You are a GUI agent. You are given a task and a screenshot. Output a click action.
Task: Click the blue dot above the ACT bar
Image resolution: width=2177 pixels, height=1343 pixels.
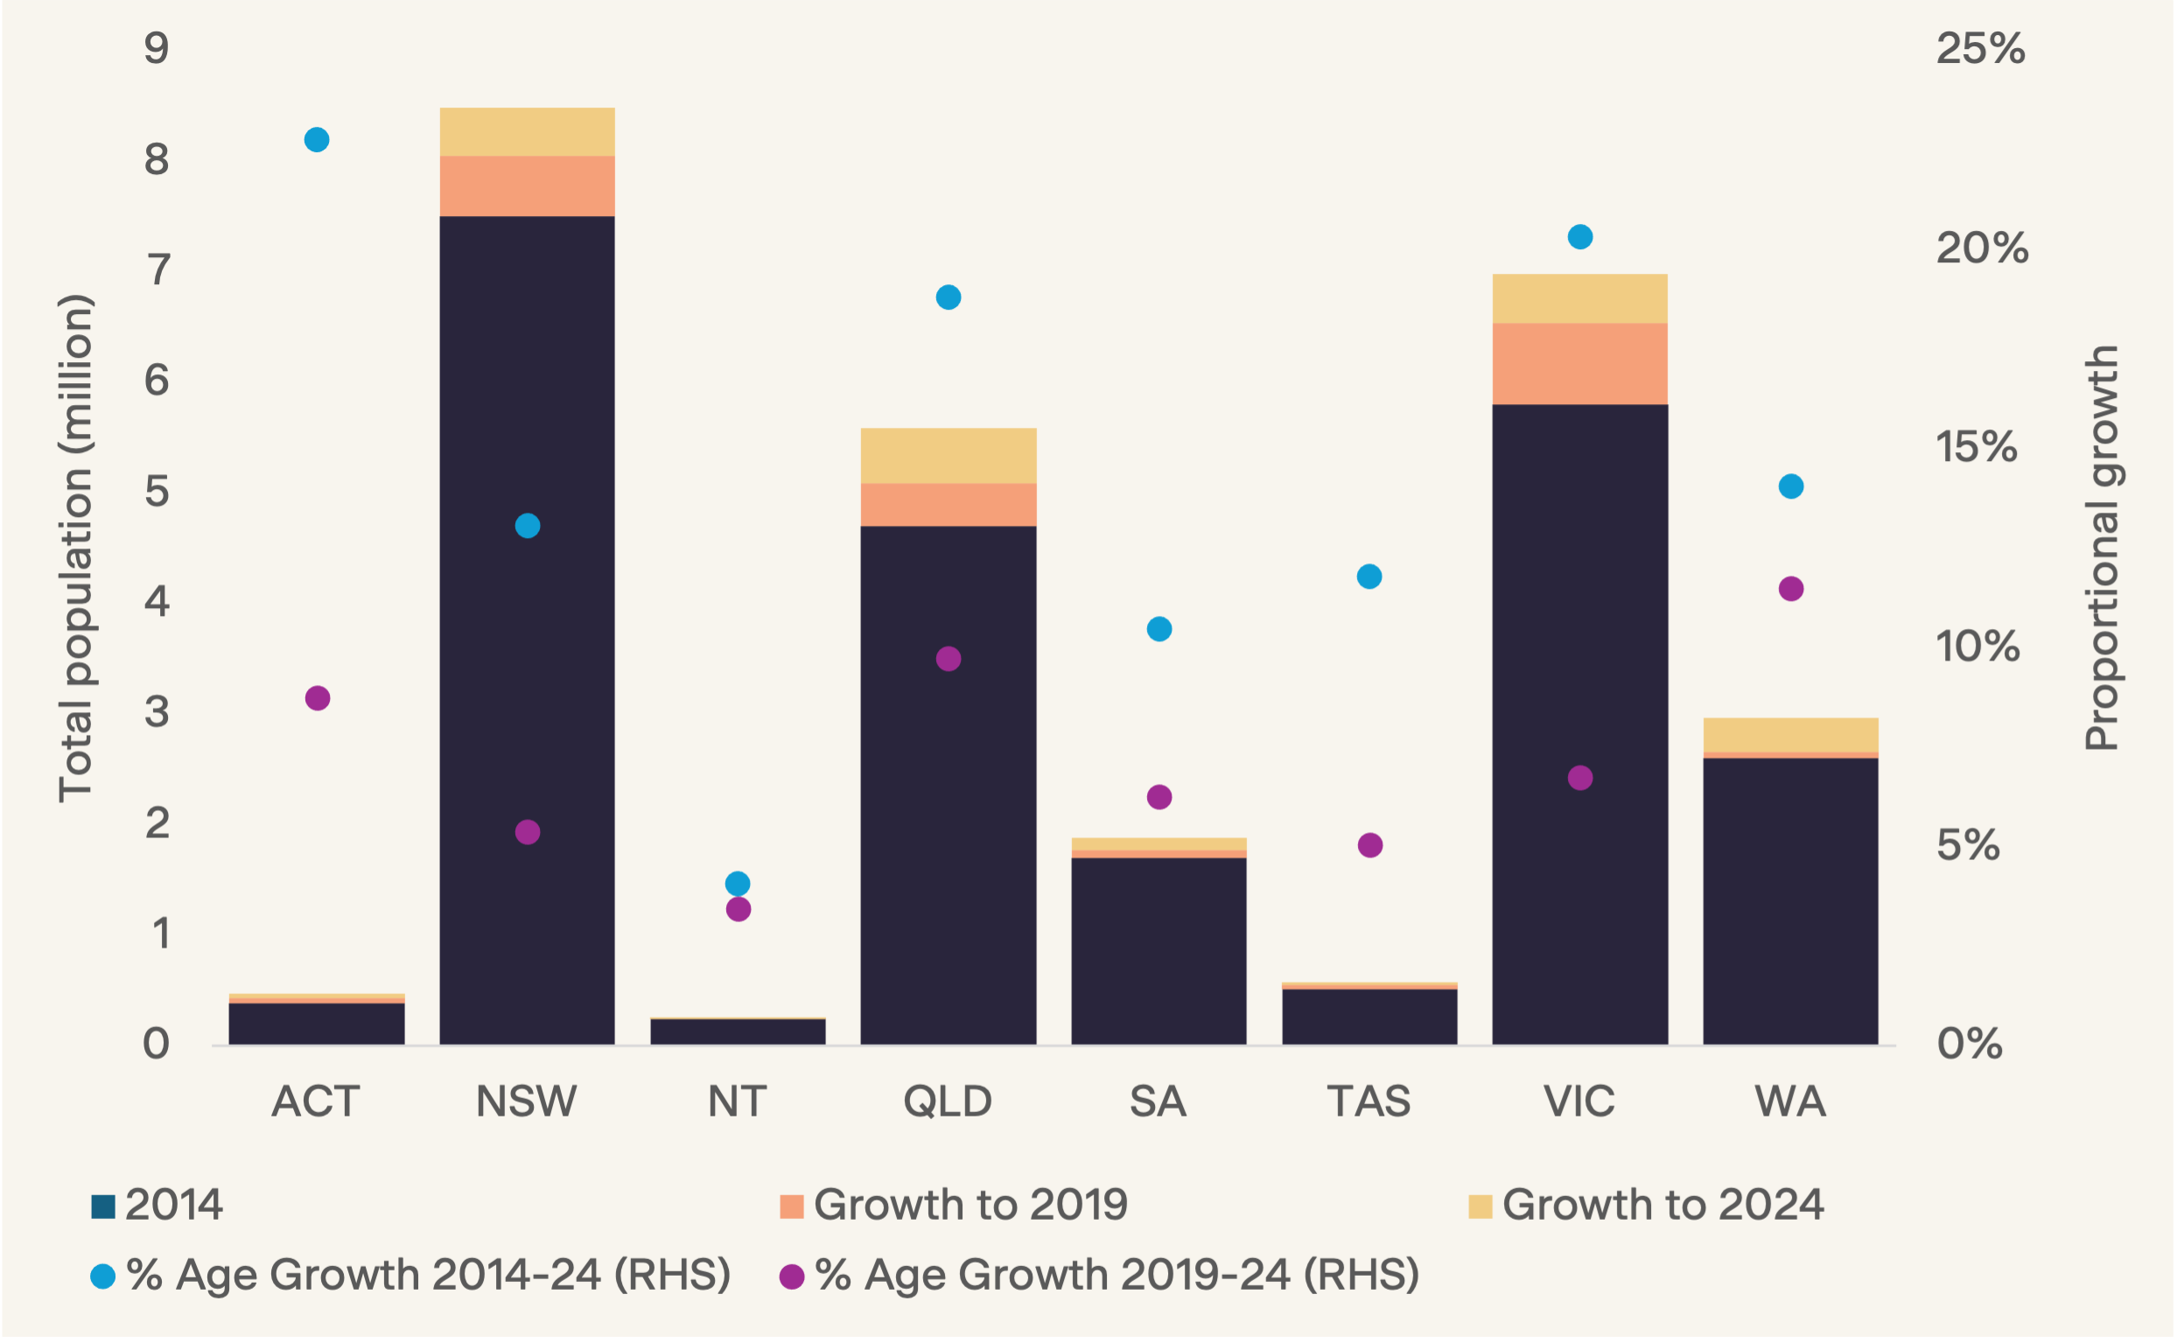[316, 139]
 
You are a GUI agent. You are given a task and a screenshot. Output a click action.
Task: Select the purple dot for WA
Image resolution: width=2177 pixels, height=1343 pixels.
[1790, 589]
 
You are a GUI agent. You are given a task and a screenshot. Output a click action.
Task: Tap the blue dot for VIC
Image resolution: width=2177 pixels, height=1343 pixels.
[1580, 237]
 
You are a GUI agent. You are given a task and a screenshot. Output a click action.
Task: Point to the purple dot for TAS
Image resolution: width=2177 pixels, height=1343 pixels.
[1369, 844]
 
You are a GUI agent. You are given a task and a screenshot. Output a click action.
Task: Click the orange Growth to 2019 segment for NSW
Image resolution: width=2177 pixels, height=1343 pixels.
[527, 185]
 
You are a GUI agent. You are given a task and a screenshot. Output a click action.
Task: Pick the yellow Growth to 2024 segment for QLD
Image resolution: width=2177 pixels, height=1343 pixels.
[948, 456]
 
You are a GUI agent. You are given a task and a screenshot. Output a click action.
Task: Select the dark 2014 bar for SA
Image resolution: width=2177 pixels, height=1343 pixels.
[1158, 950]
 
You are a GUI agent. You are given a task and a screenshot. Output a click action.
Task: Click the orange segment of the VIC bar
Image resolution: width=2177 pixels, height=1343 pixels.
[1579, 363]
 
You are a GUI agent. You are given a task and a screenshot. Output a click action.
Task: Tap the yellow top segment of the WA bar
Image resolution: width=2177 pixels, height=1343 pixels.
[1790, 735]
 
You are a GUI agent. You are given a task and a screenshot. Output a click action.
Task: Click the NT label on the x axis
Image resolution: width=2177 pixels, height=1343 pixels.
[738, 1102]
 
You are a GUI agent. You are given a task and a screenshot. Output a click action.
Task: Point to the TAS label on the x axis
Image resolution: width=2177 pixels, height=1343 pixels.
[1368, 1102]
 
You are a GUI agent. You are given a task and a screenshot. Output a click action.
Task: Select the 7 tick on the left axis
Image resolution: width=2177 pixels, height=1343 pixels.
[158, 269]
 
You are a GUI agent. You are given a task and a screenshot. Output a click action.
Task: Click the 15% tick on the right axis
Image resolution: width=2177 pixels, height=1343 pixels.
[1977, 447]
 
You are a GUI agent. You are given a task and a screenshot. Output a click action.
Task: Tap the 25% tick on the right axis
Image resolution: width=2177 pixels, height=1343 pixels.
[1980, 48]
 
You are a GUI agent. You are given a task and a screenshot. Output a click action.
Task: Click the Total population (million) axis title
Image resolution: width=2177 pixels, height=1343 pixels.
[74, 548]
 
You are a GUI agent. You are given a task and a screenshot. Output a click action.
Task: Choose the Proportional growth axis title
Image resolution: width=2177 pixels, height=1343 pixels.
[2102, 548]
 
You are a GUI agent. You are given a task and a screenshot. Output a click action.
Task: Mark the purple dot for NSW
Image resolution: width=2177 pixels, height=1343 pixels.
[528, 832]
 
